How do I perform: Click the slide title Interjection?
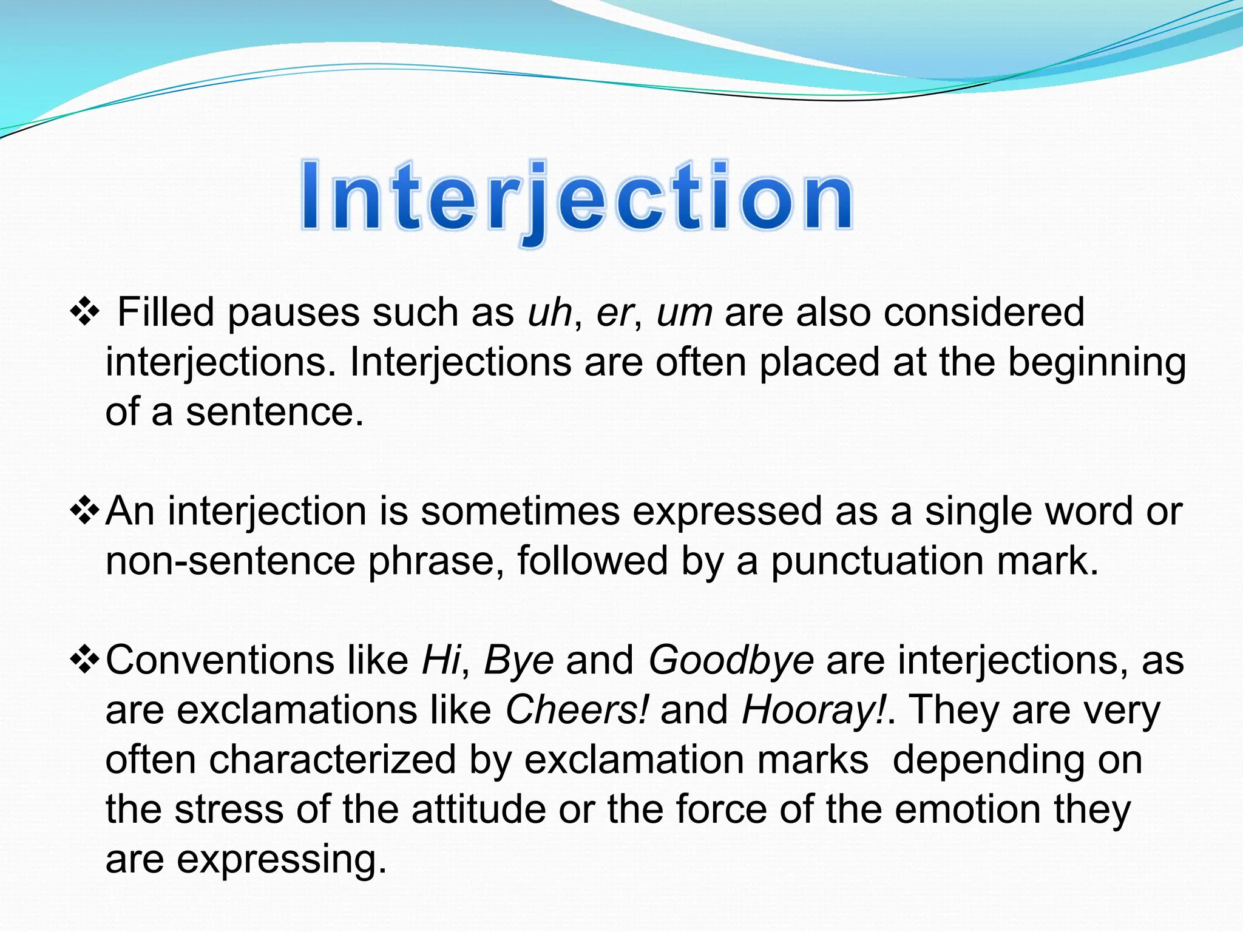[x=577, y=197]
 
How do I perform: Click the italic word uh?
[x=550, y=312]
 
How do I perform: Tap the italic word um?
[x=684, y=312]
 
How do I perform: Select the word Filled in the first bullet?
[x=165, y=312]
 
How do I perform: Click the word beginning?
[x=1096, y=363]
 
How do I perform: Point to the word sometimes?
[x=520, y=511]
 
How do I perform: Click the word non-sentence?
[x=230, y=561]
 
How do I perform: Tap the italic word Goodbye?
[x=731, y=660]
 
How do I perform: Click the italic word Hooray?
[x=814, y=710]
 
